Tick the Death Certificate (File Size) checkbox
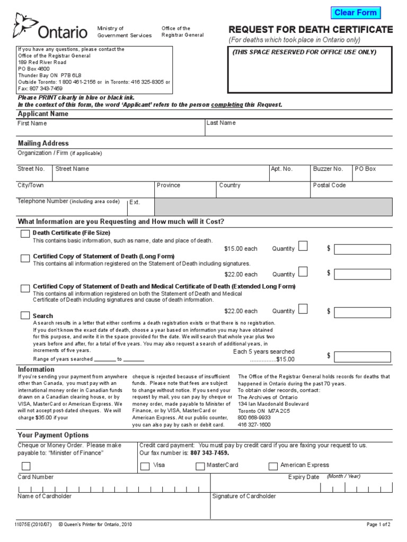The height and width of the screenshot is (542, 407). tap(25, 234)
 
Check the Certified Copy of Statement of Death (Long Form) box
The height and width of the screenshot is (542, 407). tap(25, 258)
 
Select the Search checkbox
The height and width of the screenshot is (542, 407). tap(25, 315)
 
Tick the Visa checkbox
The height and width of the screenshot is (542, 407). tap(145, 466)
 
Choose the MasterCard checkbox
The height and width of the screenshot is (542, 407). tap(200, 466)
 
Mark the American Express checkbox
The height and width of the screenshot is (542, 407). tap(273, 466)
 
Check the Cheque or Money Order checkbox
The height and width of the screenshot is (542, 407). tap(25, 466)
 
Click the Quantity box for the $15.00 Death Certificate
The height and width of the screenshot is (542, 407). tap(303, 246)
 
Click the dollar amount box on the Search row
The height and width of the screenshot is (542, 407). tap(362, 356)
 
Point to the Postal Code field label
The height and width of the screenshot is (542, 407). tap(329, 185)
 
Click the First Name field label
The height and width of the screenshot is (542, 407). tap(32, 123)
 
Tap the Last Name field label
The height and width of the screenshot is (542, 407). tap(221, 123)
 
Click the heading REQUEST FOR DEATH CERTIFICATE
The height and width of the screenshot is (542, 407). tap(311, 29)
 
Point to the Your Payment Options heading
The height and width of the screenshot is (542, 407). tap(53, 435)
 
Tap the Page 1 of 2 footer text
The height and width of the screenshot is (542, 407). tap(378, 525)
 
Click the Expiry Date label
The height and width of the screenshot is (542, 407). tap(303, 477)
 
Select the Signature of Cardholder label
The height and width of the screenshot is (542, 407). tap(244, 496)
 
